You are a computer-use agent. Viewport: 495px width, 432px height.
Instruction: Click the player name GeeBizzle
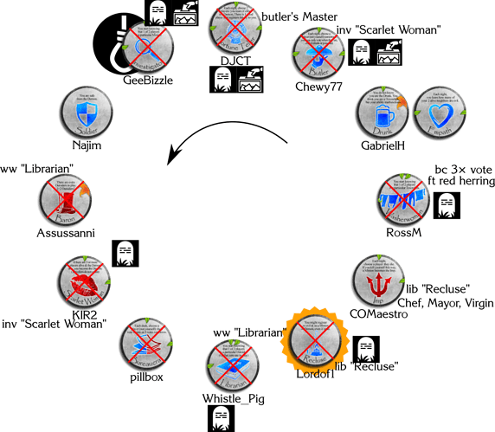[148, 81]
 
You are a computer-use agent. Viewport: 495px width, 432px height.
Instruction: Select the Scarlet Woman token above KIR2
[83, 284]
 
